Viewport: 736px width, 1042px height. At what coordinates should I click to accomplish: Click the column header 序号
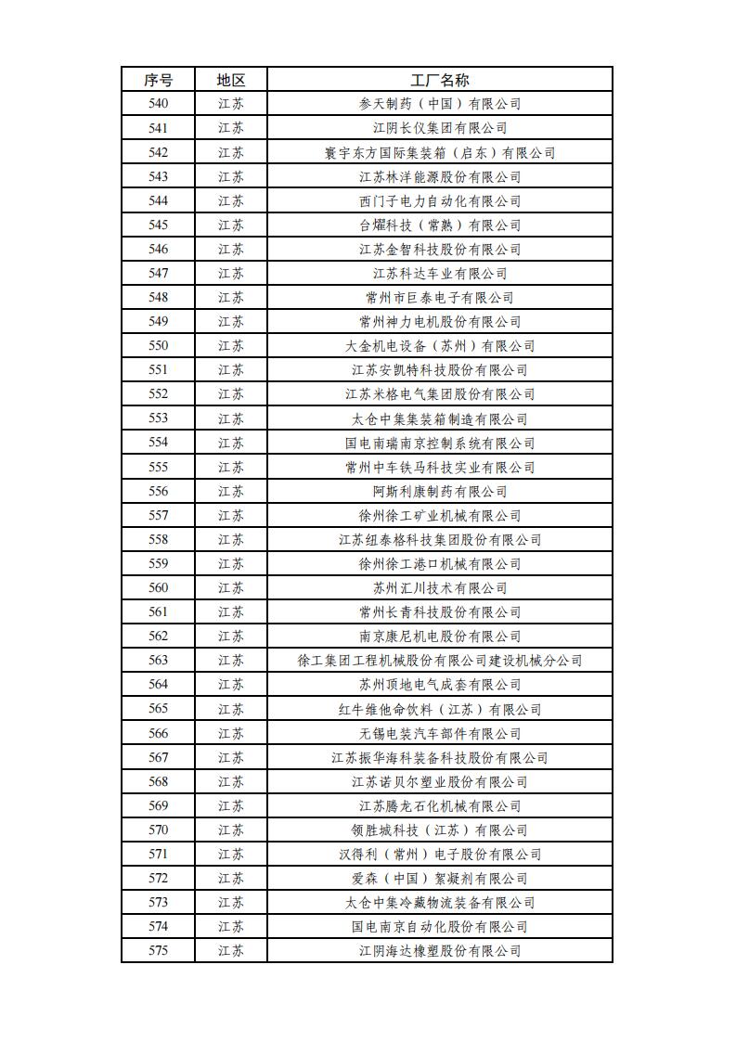coord(158,80)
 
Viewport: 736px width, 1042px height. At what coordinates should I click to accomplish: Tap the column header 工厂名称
coord(440,80)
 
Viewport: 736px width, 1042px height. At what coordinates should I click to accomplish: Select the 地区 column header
coord(231,80)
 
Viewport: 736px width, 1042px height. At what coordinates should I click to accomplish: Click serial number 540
coord(158,104)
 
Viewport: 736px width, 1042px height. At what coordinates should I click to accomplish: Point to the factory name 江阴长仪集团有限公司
coord(440,128)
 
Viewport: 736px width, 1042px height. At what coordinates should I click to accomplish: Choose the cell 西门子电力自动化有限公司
coord(440,200)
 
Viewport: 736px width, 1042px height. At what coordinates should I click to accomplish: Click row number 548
coord(158,298)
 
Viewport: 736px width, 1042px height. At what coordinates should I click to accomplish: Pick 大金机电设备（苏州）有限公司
coord(440,346)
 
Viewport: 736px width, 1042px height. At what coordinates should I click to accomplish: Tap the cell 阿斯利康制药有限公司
coord(440,491)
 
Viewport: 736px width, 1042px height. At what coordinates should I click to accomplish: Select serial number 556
coord(158,491)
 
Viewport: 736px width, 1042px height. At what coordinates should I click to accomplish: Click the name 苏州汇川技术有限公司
coord(440,588)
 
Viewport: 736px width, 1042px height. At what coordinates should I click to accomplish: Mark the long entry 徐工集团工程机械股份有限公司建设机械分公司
coord(440,661)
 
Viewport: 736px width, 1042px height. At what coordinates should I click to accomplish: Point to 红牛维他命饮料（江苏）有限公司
coord(440,709)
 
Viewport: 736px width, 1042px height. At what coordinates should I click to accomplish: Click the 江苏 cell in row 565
coord(231,709)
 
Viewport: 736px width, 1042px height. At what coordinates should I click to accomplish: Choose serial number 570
coord(158,830)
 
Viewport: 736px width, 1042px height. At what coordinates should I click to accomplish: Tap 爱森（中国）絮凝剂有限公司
coord(440,878)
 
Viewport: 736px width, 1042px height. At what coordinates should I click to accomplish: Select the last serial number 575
coord(158,950)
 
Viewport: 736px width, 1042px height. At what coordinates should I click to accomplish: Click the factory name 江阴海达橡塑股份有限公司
coord(440,950)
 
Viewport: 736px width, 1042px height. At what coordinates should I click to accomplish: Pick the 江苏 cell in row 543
coord(231,176)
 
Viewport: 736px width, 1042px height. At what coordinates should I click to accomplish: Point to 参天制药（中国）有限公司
coord(440,104)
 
